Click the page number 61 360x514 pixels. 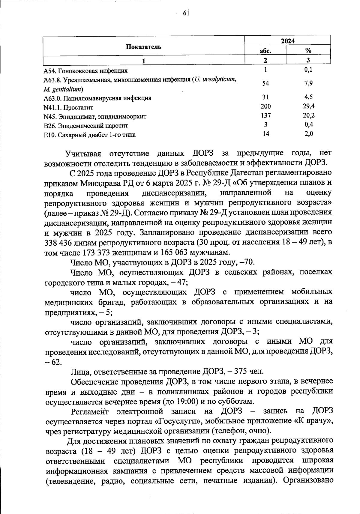pyautogui.click(x=186, y=13)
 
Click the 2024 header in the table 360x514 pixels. pyautogui.click(x=287, y=41)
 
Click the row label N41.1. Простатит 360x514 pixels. pyautogui.click(x=68, y=107)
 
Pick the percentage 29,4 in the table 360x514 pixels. pyautogui.click(x=309, y=106)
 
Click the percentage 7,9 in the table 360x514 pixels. pyautogui.click(x=308, y=83)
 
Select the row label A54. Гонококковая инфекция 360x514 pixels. pyautogui.click(x=85, y=71)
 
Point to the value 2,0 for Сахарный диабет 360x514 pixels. pyautogui.click(x=309, y=134)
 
